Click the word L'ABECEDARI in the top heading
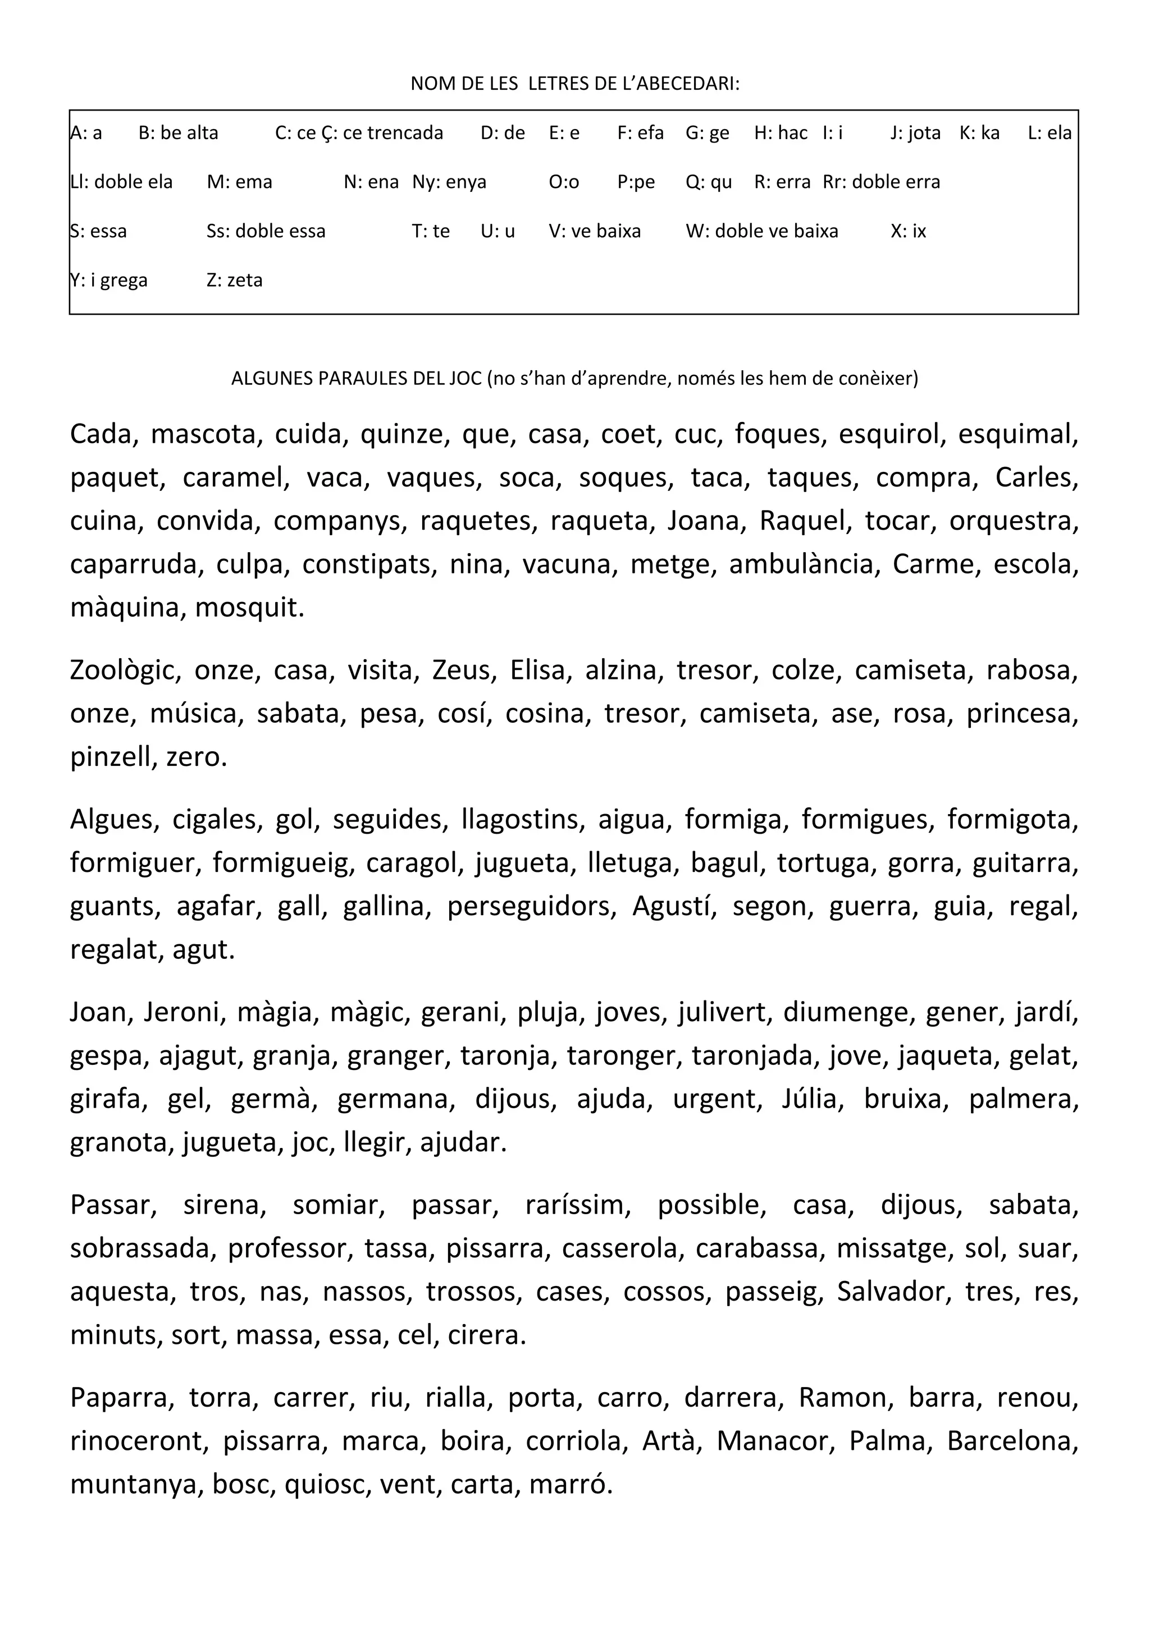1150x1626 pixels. [679, 84]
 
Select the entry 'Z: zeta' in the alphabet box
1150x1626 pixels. [235, 281]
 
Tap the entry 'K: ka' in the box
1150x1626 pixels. [979, 133]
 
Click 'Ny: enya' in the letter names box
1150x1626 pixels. [449, 182]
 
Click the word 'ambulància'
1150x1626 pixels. [804, 564]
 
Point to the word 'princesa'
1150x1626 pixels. [1022, 713]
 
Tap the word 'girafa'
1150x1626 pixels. [108, 1099]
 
